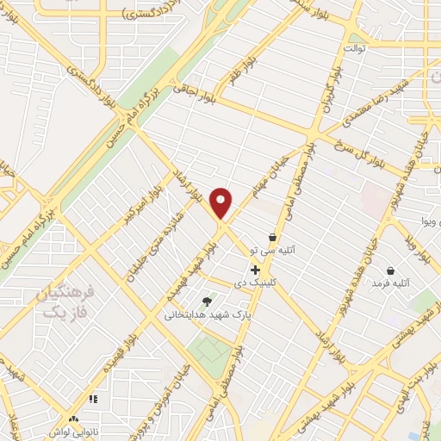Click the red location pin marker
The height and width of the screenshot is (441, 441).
click(x=222, y=203)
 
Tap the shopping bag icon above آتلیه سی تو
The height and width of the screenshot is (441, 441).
click(x=273, y=237)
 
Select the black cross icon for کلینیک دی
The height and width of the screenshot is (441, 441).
click(x=255, y=270)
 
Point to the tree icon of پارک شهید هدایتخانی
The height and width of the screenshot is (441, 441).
click(x=206, y=301)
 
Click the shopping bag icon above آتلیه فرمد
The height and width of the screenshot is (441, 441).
click(x=392, y=270)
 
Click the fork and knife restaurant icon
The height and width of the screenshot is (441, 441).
click(x=93, y=399)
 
